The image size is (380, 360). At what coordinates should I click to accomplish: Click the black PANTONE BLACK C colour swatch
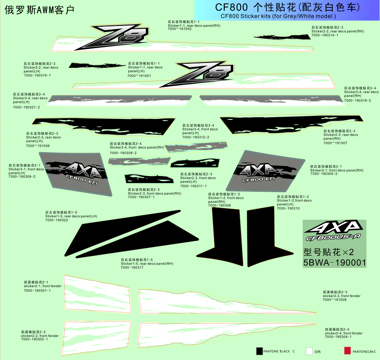click(x=260, y=351)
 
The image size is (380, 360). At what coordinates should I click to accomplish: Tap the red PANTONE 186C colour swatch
click(x=347, y=351)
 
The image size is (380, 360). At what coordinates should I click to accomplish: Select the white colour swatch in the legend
click(x=309, y=351)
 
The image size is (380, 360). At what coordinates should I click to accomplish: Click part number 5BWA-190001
click(x=334, y=262)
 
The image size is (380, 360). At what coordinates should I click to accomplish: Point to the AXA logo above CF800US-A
click(x=334, y=228)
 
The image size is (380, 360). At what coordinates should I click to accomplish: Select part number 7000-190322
click(x=57, y=220)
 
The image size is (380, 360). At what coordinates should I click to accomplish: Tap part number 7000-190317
click(x=132, y=267)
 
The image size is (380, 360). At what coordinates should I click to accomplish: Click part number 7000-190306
click(x=219, y=205)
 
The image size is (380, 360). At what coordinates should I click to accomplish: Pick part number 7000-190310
click(x=288, y=208)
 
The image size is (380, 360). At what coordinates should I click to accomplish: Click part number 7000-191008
click(x=335, y=300)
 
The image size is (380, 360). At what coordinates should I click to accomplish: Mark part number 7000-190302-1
click(x=35, y=339)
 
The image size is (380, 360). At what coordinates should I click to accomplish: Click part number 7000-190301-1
click(x=37, y=290)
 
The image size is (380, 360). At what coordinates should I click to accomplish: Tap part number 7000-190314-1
click(x=325, y=35)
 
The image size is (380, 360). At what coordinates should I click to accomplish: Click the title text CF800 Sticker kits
click(x=278, y=16)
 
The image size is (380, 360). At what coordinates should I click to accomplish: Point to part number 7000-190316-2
click(x=357, y=100)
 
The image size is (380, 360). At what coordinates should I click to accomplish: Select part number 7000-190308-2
click(x=123, y=153)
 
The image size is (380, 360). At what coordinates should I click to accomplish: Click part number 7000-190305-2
click(x=324, y=174)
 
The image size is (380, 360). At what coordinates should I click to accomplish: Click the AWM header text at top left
click(x=39, y=9)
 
